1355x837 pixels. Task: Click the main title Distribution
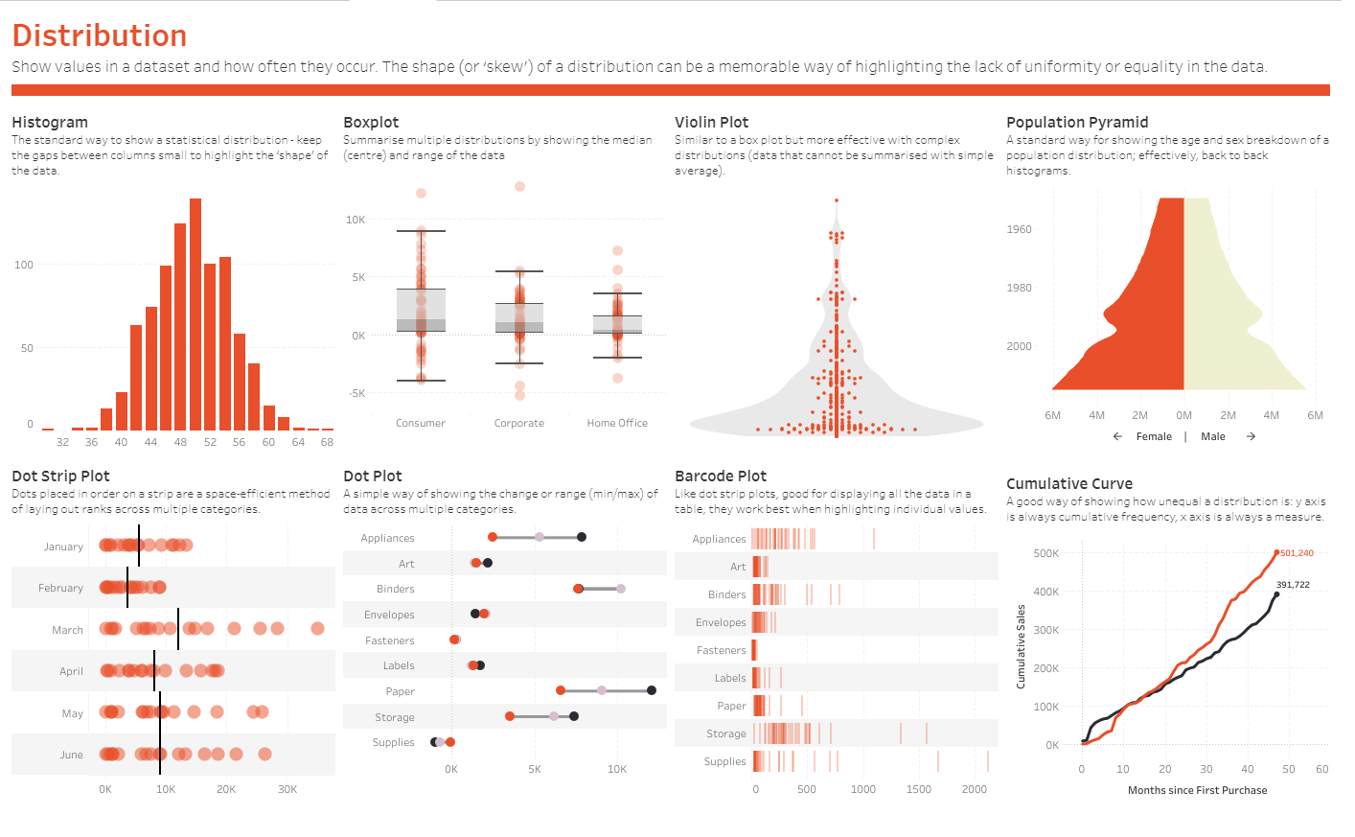tap(100, 35)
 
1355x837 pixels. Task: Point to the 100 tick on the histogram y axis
tap(24, 265)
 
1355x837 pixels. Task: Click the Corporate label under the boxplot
tap(518, 423)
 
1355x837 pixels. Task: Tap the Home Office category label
tap(617, 423)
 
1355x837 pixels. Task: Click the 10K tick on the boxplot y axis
tap(356, 220)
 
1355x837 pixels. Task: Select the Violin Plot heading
tap(711, 122)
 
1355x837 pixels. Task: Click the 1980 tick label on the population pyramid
tap(1020, 288)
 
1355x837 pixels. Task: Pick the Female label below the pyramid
tap(1154, 436)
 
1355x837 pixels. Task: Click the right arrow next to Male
tap(1251, 436)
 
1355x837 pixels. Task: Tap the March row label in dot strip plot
tap(67, 630)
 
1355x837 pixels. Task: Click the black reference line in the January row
tap(139, 546)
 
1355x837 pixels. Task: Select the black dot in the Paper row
tap(652, 690)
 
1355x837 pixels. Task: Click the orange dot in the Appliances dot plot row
tap(493, 537)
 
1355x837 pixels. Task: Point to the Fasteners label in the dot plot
tap(390, 640)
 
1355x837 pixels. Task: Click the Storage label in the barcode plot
tap(725, 733)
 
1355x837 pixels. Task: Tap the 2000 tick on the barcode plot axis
tap(974, 789)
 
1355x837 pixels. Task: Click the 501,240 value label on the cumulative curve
tap(1297, 553)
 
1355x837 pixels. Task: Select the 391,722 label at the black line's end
tap(1293, 585)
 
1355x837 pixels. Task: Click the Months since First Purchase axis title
tap(1197, 790)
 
